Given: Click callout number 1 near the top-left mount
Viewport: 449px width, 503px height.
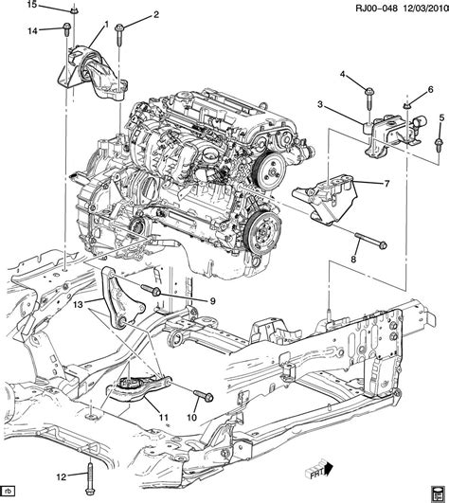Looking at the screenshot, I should point(106,24).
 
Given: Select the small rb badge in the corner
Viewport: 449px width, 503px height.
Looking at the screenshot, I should point(9,491).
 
